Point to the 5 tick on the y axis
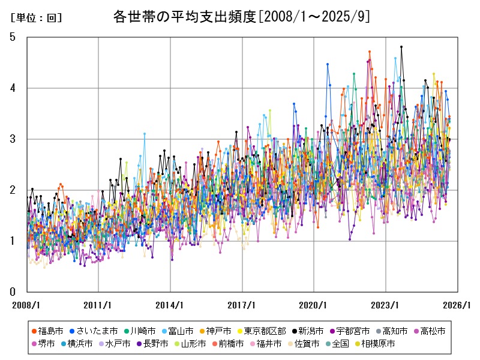tap(12, 37)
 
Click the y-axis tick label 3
tap(12, 139)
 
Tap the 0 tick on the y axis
tap(12, 292)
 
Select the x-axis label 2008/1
tap(26, 305)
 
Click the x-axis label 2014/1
tap(170, 305)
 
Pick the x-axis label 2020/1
tap(314, 305)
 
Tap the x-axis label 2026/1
tap(458, 305)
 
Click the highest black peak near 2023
tap(401, 47)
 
